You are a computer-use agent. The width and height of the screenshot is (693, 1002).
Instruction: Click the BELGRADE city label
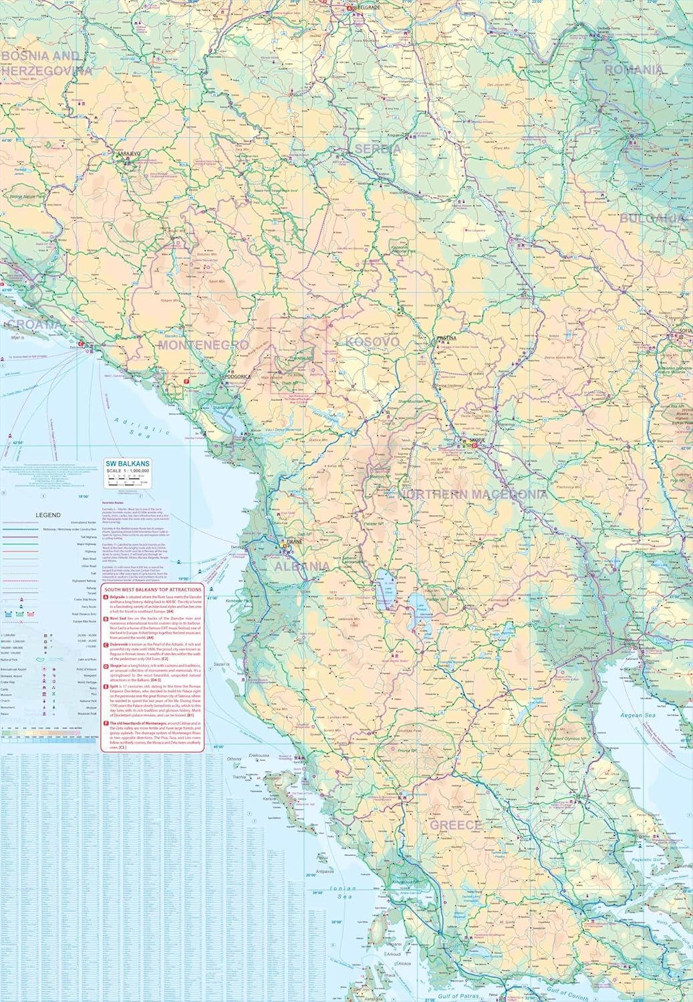click(364, 9)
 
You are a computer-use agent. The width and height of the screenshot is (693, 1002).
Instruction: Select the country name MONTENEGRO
click(194, 345)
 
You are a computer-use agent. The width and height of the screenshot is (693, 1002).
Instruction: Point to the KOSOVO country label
click(372, 342)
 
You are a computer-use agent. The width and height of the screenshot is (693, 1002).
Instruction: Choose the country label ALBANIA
click(301, 566)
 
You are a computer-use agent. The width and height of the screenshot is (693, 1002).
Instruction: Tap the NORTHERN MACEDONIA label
click(473, 494)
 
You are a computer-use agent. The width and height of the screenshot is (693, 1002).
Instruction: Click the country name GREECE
click(455, 825)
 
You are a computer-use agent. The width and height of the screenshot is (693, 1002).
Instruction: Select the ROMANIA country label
click(634, 69)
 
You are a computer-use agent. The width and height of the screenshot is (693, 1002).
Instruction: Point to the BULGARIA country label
click(652, 218)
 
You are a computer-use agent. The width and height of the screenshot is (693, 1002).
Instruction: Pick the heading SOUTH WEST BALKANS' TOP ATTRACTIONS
click(152, 591)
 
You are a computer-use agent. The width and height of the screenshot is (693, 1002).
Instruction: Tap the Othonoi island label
click(233, 759)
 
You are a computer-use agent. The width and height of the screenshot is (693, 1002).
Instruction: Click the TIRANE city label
click(295, 542)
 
